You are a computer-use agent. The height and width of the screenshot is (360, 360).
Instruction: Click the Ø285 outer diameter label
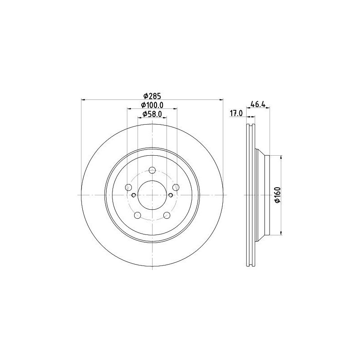[x=152, y=95]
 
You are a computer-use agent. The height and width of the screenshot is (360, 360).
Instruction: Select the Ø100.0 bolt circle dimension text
[x=152, y=105]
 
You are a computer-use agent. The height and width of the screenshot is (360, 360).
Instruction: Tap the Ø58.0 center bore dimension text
[x=152, y=114]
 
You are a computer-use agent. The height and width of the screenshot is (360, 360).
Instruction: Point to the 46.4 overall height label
[x=258, y=104]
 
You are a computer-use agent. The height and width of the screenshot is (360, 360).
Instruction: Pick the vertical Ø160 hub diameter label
[x=278, y=195]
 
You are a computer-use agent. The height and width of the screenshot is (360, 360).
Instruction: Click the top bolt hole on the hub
[x=152, y=171]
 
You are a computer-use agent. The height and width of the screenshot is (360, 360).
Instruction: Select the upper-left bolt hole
[x=129, y=187]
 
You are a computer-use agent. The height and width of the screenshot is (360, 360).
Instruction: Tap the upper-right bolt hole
[x=176, y=187]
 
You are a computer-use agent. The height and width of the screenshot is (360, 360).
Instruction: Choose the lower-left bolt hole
[x=138, y=215]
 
